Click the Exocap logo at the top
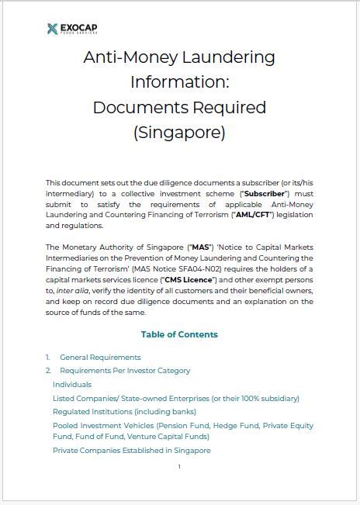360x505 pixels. click(72, 29)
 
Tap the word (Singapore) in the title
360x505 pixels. click(179, 133)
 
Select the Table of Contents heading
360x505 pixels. click(179, 334)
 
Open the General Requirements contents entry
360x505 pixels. click(100, 358)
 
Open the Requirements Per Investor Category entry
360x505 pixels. click(125, 371)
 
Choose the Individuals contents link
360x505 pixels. click(72, 384)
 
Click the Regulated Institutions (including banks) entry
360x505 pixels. click(124, 411)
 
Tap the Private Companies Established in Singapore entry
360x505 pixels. click(132, 451)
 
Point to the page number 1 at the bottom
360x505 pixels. click(179, 467)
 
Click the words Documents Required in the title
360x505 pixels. click(179, 108)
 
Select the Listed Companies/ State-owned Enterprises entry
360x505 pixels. click(175, 398)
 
